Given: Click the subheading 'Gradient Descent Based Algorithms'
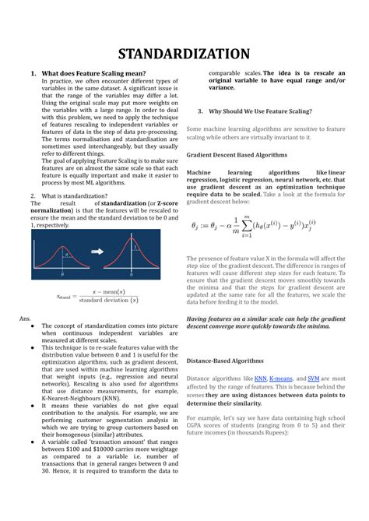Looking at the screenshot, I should click(x=237, y=155).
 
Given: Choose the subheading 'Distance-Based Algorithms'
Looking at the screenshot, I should click(x=225, y=361).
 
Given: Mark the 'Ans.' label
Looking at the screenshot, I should click(x=25, y=319).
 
